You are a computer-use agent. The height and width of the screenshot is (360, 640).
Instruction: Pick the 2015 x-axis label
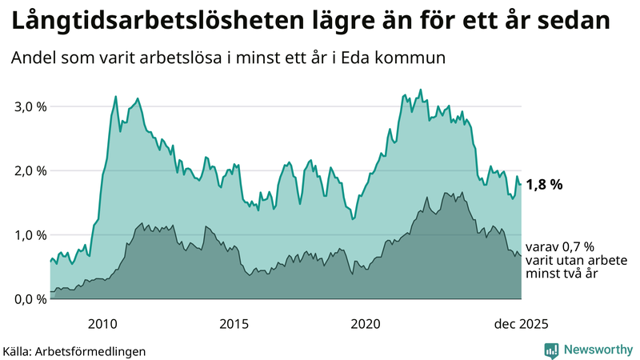(x=234, y=323)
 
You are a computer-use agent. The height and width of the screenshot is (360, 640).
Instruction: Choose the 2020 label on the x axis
(x=365, y=323)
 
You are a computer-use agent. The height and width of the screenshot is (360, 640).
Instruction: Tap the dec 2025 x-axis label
(x=521, y=323)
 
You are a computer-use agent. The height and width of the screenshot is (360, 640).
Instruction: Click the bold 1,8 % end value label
(x=544, y=184)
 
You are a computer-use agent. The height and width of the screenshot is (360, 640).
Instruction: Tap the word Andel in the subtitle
(x=33, y=58)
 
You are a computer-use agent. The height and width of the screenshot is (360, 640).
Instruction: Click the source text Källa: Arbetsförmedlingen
(x=74, y=350)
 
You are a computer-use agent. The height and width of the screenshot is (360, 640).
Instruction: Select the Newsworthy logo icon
(x=551, y=350)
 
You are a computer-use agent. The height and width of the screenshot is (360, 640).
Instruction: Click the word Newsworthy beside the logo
(x=598, y=350)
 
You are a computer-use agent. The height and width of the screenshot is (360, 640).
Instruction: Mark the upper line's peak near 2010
(x=116, y=97)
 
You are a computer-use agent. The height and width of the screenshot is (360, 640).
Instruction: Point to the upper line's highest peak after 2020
(x=421, y=90)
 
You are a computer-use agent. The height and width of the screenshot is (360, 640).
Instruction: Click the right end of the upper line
(x=521, y=184)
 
